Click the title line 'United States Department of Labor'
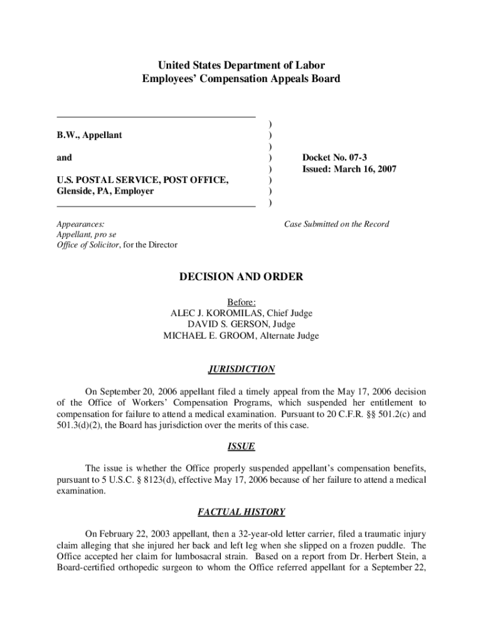click(x=242, y=65)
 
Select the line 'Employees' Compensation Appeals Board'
click(x=242, y=79)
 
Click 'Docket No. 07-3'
click(x=332, y=157)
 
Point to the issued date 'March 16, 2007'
click(x=367, y=169)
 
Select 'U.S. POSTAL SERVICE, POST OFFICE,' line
click(x=142, y=180)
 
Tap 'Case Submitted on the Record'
click(x=336, y=224)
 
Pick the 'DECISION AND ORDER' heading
click(x=242, y=277)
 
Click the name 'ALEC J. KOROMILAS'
click(x=213, y=313)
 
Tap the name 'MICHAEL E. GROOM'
click(x=206, y=336)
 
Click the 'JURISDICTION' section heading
click(x=242, y=370)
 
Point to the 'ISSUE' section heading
click(x=242, y=448)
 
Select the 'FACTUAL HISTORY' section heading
click(x=242, y=512)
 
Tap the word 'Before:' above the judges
click(x=242, y=302)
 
